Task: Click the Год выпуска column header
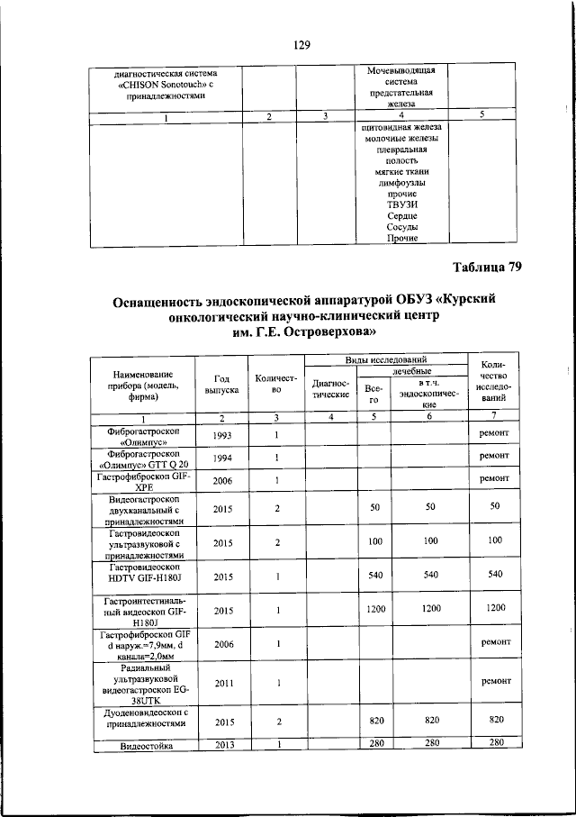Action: pyautogui.click(x=221, y=385)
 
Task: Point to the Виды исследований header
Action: pyautogui.click(x=387, y=359)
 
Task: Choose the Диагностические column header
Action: pyautogui.click(x=330, y=388)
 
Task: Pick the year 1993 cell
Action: pyautogui.click(x=221, y=435)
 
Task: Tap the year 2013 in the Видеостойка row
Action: pyautogui.click(x=221, y=743)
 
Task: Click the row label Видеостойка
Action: pyautogui.click(x=145, y=744)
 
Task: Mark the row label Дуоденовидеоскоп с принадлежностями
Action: pyautogui.click(x=145, y=717)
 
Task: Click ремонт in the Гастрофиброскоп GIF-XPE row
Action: pyautogui.click(x=494, y=479)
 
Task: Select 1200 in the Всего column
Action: pyautogui.click(x=374, y=609)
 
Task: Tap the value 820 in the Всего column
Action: pyautogui.click(x=374, y=721)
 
